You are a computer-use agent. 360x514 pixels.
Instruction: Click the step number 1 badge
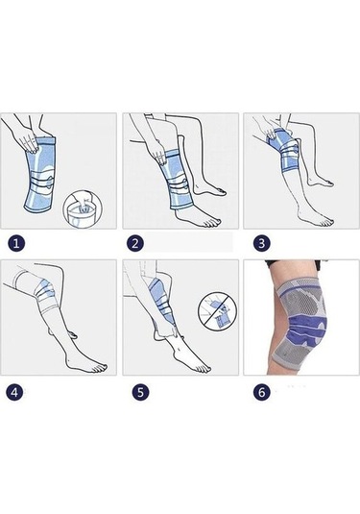pos(16,243)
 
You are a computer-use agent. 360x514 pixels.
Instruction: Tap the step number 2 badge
pos(135,243)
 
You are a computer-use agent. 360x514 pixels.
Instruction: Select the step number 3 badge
pos(261,243)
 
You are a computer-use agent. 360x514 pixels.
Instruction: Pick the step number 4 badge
pos(14,392)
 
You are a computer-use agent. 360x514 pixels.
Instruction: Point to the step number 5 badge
pos(140,392)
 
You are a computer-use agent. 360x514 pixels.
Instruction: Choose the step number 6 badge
pos(261,392)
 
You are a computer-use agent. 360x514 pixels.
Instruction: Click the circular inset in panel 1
pos(83,208)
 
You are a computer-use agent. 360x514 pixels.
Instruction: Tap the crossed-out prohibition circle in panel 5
pos(218,311)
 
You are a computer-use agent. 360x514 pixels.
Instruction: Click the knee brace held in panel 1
pos(40,175)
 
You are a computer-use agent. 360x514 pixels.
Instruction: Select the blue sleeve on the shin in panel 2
pos(176,180)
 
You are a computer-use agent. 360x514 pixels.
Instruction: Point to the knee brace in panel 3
pos(282,151)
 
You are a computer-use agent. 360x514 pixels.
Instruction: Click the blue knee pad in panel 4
pos(46,290)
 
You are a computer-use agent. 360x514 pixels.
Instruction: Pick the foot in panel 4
pos(86,364)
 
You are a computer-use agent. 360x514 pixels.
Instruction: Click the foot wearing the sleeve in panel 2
pos(194,218)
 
